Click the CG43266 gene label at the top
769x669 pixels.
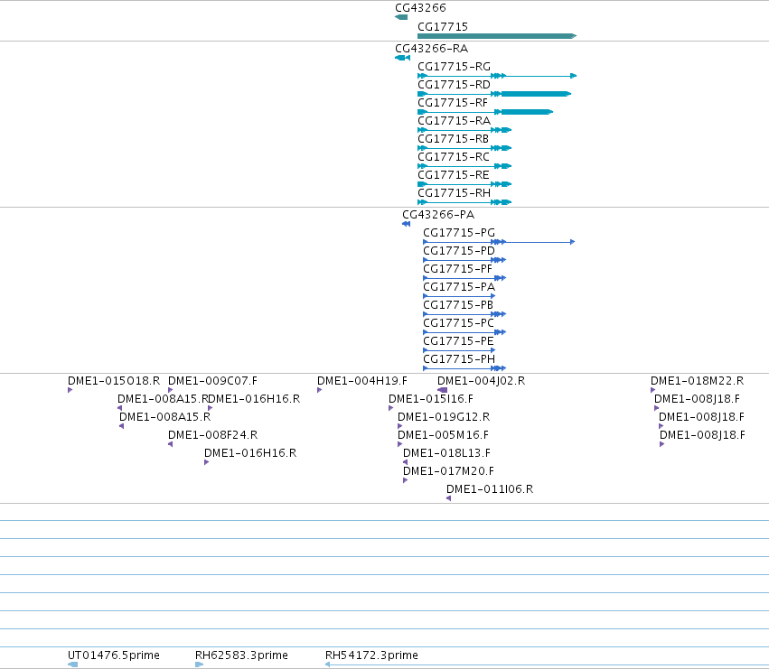420,8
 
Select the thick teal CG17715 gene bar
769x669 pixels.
497,36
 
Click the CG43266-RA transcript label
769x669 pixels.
432,49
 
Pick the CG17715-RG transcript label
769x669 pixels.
454,67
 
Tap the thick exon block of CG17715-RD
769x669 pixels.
536,94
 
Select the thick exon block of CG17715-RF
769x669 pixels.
527,112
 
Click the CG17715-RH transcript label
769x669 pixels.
454,193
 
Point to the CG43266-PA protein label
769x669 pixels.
438,215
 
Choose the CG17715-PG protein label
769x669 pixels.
459,233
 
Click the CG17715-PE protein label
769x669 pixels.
458,341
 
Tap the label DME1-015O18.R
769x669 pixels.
114,381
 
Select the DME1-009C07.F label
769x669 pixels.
212,381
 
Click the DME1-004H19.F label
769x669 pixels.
362,381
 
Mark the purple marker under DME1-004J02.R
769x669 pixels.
443,390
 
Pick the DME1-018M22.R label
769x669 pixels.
697,381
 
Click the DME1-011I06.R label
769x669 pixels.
490,489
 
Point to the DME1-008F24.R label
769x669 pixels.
213,435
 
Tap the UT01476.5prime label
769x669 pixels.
114,655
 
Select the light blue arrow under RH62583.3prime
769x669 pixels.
199,664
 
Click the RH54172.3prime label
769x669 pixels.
371,655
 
